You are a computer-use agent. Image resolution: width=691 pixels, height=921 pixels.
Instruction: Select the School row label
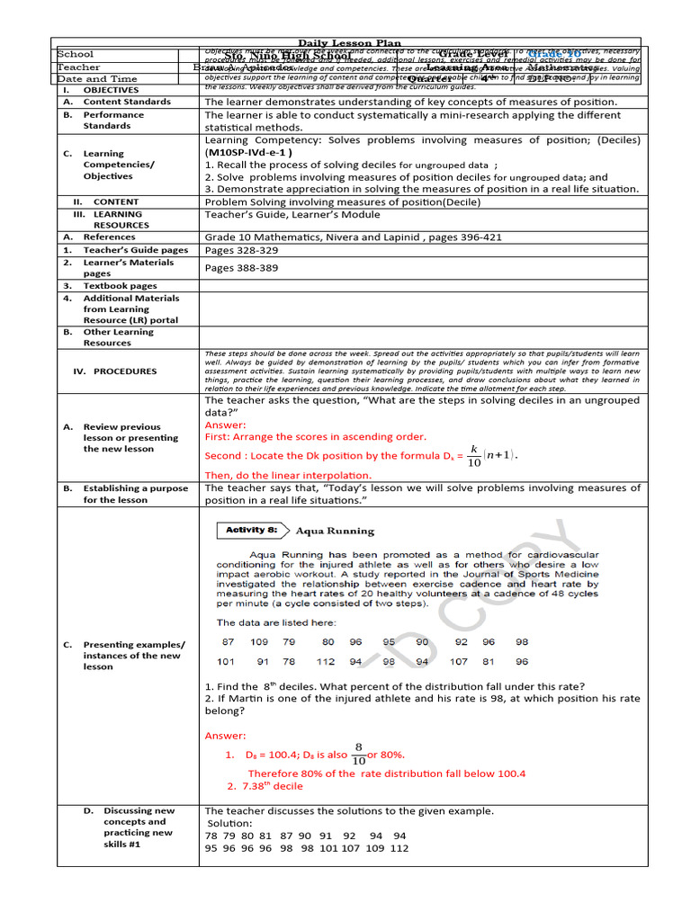click(76, 55)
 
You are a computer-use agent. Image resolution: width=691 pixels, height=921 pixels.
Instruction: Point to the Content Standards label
click(126, 102)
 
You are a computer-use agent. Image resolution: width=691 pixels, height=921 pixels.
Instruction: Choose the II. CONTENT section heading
click(106, 202)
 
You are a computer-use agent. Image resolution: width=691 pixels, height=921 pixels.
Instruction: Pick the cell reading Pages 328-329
click(241, 250)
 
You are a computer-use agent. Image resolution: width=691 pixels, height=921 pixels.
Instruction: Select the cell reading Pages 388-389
click(241, 268)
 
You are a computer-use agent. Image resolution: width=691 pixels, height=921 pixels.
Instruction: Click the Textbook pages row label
click(120, 286)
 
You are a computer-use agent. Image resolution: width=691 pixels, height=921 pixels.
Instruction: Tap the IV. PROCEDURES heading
click(114, 371)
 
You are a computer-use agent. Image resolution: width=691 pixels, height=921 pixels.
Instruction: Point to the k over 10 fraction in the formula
click(473, 455)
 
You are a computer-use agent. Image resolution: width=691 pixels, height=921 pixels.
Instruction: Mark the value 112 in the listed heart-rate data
click(326, 662)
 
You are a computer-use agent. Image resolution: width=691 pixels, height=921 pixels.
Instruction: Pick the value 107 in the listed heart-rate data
click(459, 662)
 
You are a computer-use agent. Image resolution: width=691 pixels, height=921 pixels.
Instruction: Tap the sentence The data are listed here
click(276, 622)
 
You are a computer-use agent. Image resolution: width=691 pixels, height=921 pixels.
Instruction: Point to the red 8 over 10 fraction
click(358, 754)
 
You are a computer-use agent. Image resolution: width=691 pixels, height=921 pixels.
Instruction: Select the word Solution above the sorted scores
click(230, 824)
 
